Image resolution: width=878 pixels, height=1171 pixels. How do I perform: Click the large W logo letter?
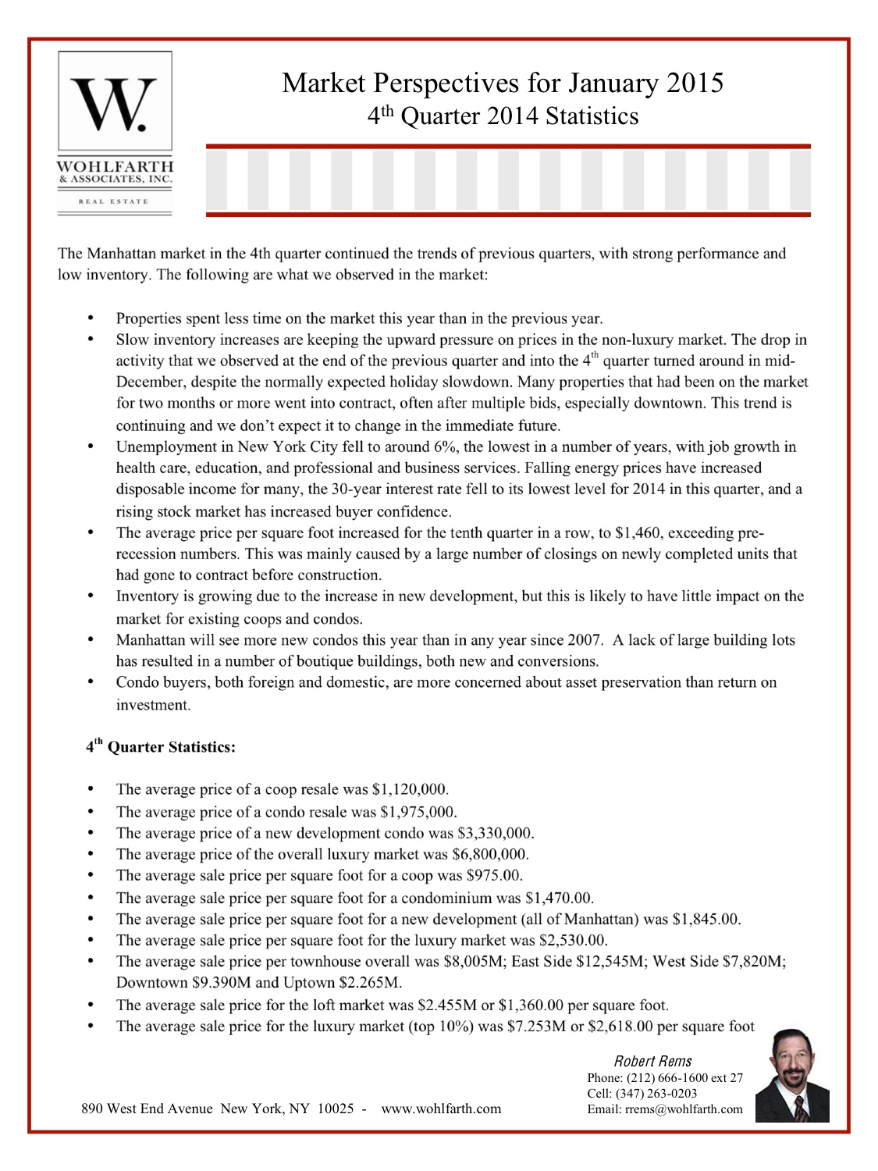[x=114, y=104]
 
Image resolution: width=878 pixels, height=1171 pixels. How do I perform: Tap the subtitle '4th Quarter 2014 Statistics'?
[x=503, y=116]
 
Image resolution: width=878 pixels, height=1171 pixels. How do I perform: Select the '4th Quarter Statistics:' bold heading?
[x=160, y=747]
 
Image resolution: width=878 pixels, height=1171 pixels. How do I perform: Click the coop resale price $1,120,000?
[x=410, y=789]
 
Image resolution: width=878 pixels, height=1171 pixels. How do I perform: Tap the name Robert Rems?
[x=652, y=1061]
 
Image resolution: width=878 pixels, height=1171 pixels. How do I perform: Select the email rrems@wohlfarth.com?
[x=684, y=1109]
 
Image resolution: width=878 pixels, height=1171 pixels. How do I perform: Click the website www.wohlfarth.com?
[x=441, y=1109]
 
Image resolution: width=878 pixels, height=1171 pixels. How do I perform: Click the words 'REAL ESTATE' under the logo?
[x=113, y=201]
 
